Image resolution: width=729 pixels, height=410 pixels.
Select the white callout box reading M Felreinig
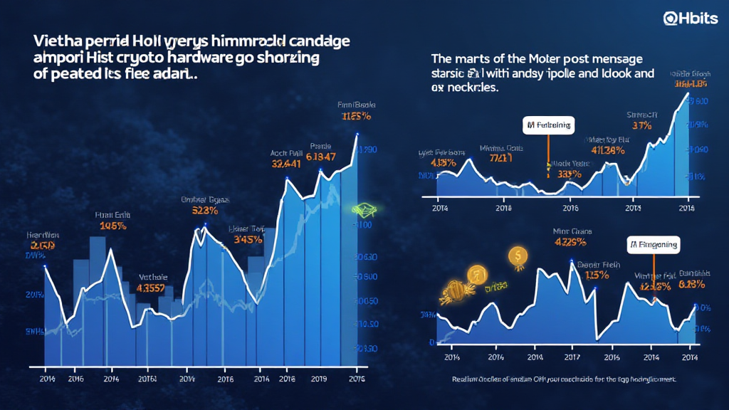coord(547,126)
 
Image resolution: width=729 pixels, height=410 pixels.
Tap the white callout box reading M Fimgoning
coord(653,244)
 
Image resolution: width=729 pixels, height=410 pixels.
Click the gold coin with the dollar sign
coord(518,254)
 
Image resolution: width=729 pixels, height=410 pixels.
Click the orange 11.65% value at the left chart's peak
coord(355,117)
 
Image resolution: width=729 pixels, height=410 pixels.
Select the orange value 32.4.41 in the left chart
coord(287,163)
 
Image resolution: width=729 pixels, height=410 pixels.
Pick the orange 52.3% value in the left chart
coord(205,211)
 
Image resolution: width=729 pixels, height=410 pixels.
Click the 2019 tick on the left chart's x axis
coord(320,379)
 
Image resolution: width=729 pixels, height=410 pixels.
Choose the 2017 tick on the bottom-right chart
coord(571,357)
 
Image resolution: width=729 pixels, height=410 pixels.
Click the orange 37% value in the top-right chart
coord(643,126)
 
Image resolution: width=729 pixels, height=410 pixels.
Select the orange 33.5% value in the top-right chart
coord(568,173)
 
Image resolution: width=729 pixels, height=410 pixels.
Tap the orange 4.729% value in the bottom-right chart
coord(570,241)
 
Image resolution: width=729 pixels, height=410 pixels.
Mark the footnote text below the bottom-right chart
coord(564,380)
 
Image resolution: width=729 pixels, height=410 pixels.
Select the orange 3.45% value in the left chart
coord(248,240)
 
